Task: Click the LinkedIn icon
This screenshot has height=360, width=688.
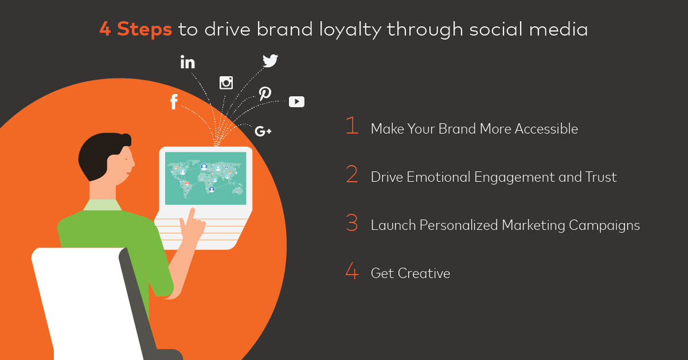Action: [x=187, y=62]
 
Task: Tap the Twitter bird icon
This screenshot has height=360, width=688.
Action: [x=270, y=61]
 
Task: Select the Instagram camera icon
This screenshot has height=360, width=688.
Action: [x=226, y=83]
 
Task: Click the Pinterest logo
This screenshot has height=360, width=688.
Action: [x=265, y=93]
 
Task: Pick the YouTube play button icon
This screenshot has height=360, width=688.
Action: [x=297, y=101]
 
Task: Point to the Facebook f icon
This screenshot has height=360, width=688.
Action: [x=174, y=101]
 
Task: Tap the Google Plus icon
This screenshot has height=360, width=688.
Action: [x=263, y=131]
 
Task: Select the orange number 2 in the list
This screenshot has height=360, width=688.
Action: [x=352, y=174]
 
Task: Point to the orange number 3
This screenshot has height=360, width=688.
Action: [x=352, y=222]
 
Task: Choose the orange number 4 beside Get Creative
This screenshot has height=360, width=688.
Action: [x=352, y=271]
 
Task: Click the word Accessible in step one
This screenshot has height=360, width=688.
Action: [x=546, y=129]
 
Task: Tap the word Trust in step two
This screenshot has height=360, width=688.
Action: [x=601, y=177]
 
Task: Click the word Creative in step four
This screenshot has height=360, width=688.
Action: [x=424, y=273]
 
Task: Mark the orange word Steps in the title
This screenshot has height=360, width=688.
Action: [x=144, y=29]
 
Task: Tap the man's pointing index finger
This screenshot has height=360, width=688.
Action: [x=191, y=216]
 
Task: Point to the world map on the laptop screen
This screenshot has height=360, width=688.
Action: [x=205, y=178]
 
